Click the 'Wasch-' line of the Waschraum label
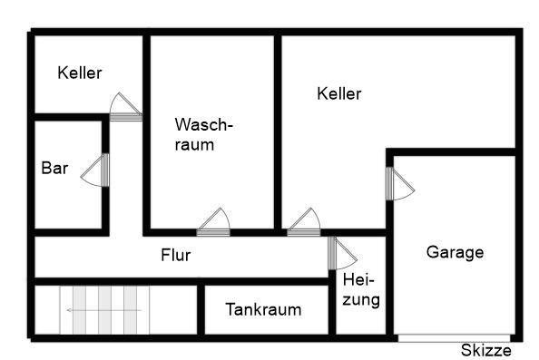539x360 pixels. [x=205, y=124]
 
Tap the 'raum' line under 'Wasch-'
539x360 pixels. [x=196, y=144]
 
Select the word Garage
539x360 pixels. [x=455, y=253]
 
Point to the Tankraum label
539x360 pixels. [x=263, y=309]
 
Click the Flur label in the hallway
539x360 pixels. [x=176, y=256]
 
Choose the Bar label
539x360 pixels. [x=55, y=168]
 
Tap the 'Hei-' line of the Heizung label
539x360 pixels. [x=358, y=280]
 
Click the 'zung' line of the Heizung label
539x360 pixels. [x=361, y=299]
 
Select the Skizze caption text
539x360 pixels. [x=485, y=351]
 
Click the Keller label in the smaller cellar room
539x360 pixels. [x=80, y=73]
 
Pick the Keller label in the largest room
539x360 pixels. [x=339, y=93]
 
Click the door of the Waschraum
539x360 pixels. [x=213, y=223]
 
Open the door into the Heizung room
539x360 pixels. [x=342, y=253]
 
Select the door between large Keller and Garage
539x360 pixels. [x=397, y=184]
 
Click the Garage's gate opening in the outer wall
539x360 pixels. [x=457, y=338]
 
